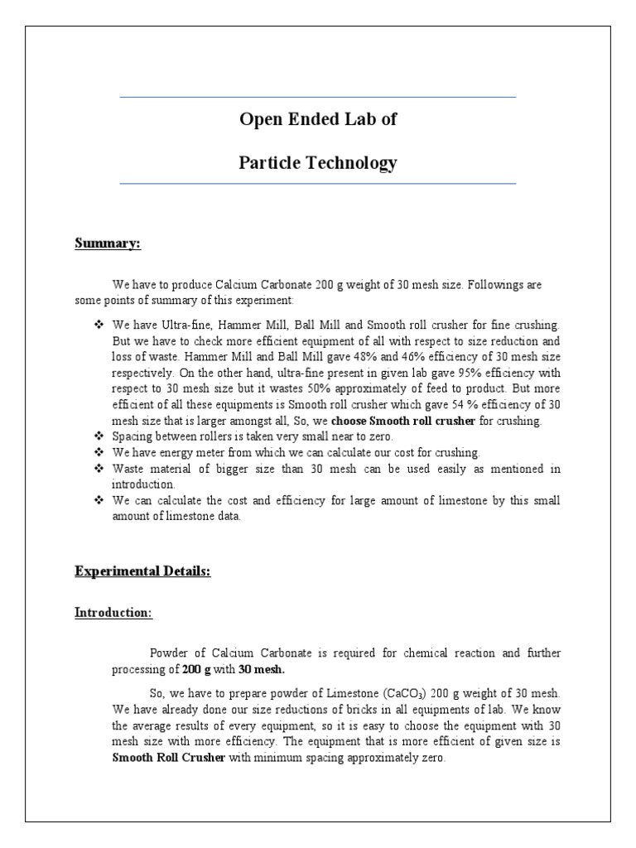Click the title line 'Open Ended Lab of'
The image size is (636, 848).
tap(318, 119)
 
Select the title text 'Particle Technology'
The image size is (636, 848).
tap(318, 163)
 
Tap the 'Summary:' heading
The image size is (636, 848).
tap(108, 243)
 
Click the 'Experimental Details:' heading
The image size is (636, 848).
tap(142, 571)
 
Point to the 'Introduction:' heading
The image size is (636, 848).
tap(113, 613)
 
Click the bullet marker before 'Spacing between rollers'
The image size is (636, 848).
tap(98, 436)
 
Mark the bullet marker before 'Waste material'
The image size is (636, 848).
tap(98, 469)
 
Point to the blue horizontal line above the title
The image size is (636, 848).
tap(318, 98)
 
